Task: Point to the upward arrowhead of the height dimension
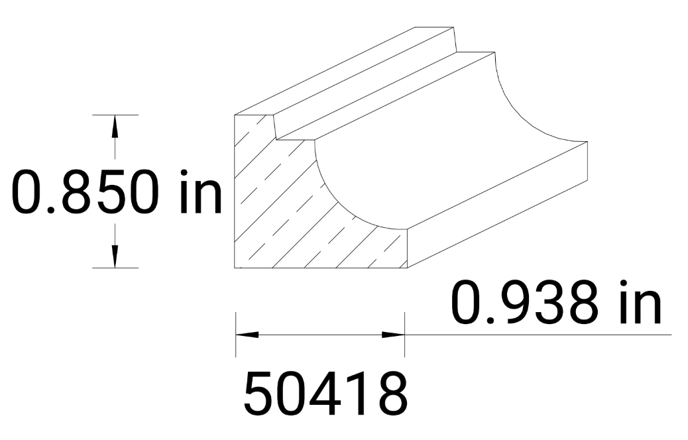pyautogui.click(x=115, y=126)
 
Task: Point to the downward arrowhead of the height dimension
pyautogui.click(x=115, y=256)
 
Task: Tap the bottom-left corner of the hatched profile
pyautogui.click(x=236, y=268)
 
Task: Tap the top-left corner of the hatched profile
pyautogui.click(x=236, y=115)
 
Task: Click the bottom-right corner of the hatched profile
pyautogui.click(x=406, y=268)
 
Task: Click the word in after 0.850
pyautogui.click(x=201, y=192)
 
